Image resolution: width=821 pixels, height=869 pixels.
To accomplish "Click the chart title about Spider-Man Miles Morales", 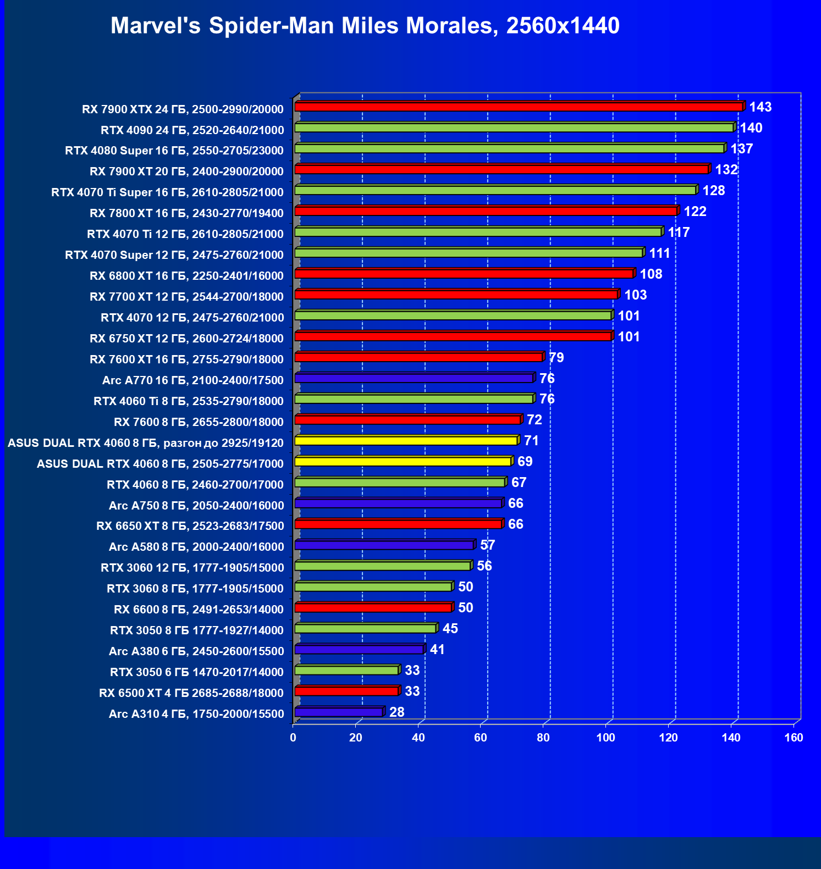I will (365, 26).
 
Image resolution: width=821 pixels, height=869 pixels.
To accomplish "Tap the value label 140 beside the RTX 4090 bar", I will (751, 128).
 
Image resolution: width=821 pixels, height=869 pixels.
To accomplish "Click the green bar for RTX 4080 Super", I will (509, 148).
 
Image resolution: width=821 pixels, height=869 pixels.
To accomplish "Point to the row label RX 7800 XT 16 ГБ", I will (186, 213).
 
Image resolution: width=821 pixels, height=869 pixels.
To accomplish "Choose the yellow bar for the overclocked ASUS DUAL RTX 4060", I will (406, 441).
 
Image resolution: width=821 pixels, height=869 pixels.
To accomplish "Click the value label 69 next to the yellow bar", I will (525, 462).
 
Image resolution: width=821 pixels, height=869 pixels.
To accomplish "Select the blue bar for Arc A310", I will (339, 712).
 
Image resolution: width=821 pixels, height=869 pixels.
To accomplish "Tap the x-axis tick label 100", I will (606, 738).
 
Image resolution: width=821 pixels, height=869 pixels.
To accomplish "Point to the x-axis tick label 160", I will (794, 738).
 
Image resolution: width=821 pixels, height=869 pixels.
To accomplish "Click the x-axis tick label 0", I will (293, 738).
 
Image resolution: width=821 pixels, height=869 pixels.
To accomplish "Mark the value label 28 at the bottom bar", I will (396, 712).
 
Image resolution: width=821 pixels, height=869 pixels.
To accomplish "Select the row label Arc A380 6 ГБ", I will (196, 651).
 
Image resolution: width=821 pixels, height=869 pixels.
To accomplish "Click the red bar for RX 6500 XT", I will (346, 691).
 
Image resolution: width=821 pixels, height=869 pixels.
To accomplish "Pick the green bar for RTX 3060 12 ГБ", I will (383, 566).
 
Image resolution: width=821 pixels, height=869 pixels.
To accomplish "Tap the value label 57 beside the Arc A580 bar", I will (488, 545).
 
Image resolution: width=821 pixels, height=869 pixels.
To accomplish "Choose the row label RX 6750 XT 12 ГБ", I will (186, 339).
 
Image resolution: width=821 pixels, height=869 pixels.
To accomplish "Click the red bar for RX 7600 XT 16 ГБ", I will (418, 357).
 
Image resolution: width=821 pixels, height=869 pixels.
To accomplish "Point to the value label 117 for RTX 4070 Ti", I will (679, 233).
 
